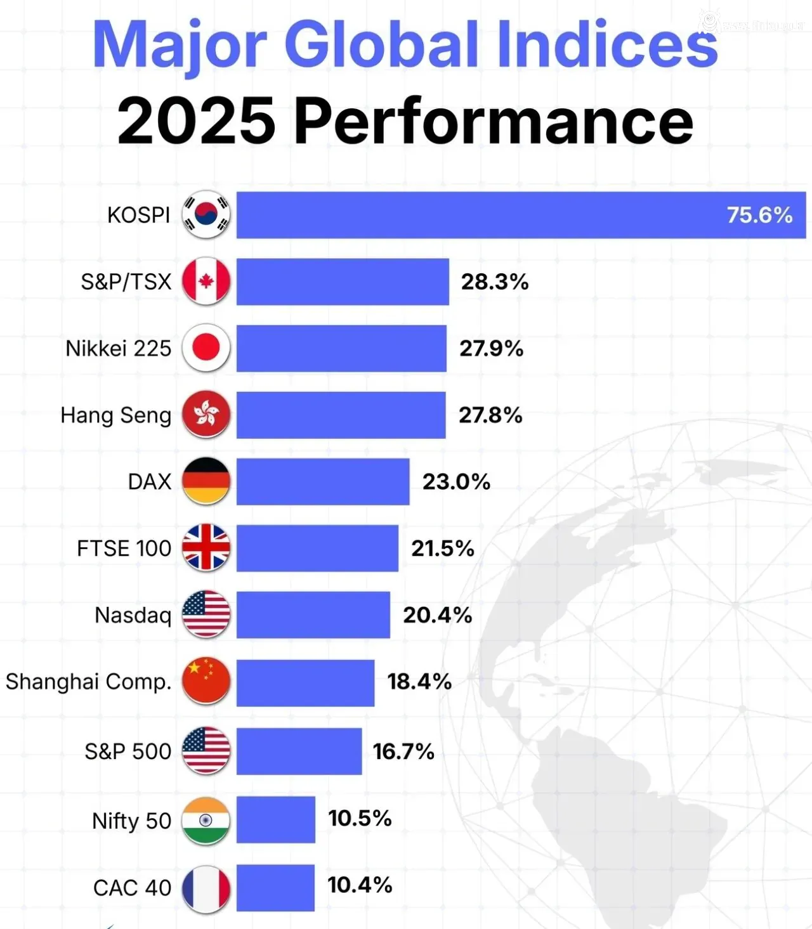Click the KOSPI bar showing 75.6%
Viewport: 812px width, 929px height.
(520, 215)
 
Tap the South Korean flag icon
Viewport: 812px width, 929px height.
(206, 215)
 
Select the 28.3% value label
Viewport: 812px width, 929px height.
(494, 282)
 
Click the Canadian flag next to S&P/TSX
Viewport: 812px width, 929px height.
(206, 282)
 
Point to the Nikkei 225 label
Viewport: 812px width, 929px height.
(118, 348)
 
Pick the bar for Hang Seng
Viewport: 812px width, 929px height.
(341, 415)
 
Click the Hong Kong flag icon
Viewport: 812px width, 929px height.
(206, 415)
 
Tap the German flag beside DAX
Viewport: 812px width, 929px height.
(206, 481)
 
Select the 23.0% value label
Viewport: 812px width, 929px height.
(456, 481)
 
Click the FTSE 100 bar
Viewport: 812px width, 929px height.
(317, 548)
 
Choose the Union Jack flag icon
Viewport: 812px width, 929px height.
(206, 548)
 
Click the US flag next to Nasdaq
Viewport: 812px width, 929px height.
(206, 614)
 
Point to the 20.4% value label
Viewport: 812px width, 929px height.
(437, 614)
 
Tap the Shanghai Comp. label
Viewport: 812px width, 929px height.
(89, 682)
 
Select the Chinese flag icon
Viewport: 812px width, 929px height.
(206, 682)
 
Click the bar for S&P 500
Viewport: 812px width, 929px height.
(299, 751)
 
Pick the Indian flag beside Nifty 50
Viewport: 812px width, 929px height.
(206, 821)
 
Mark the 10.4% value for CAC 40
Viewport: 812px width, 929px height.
(360, 885)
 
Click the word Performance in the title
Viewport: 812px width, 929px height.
(494, 120)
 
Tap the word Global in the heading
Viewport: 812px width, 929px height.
(381, 44)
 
